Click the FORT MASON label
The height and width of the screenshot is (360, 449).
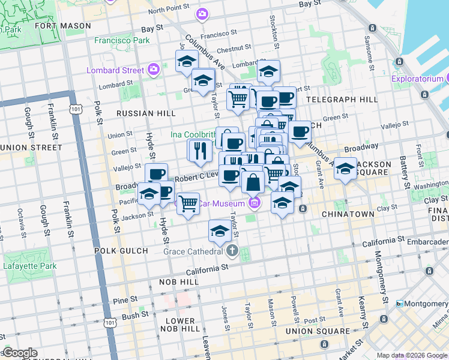click(58, 26)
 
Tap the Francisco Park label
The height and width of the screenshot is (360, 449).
click(122, 41)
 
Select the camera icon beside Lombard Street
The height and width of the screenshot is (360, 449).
click(154, 70)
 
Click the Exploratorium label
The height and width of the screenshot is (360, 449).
click(417, 79)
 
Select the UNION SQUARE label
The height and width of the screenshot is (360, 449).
click(318, 331)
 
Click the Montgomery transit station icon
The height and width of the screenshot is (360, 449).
click(400, 304)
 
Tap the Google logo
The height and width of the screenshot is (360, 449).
click(19, 353)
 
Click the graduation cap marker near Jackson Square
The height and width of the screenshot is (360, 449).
click(345, 169)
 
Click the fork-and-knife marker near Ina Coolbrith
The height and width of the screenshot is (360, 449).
click(200, 151)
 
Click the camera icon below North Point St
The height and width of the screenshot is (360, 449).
click(202, 13)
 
